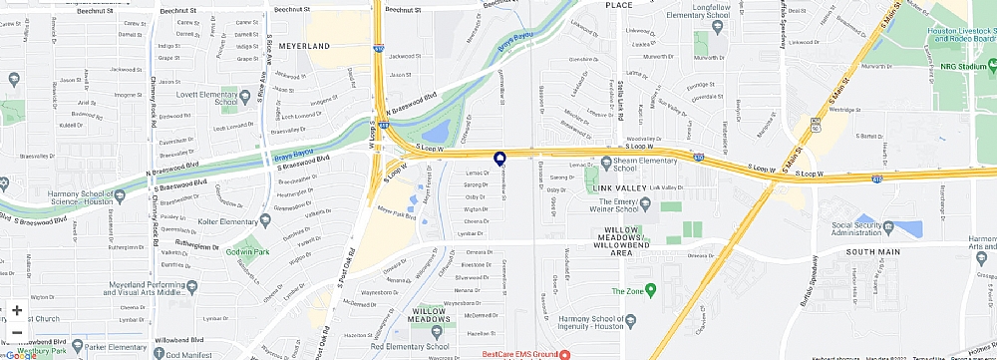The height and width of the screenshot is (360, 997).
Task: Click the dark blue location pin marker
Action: click(x=499, y=158)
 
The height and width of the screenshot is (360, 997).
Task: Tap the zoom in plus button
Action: click(x=17, y=310)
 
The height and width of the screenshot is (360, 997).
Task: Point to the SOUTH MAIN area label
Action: click(x=873, y=251)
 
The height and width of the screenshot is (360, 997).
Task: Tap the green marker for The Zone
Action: click(x=651, y=291)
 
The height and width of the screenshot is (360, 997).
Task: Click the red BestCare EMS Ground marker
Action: click(x=564, y=354)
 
